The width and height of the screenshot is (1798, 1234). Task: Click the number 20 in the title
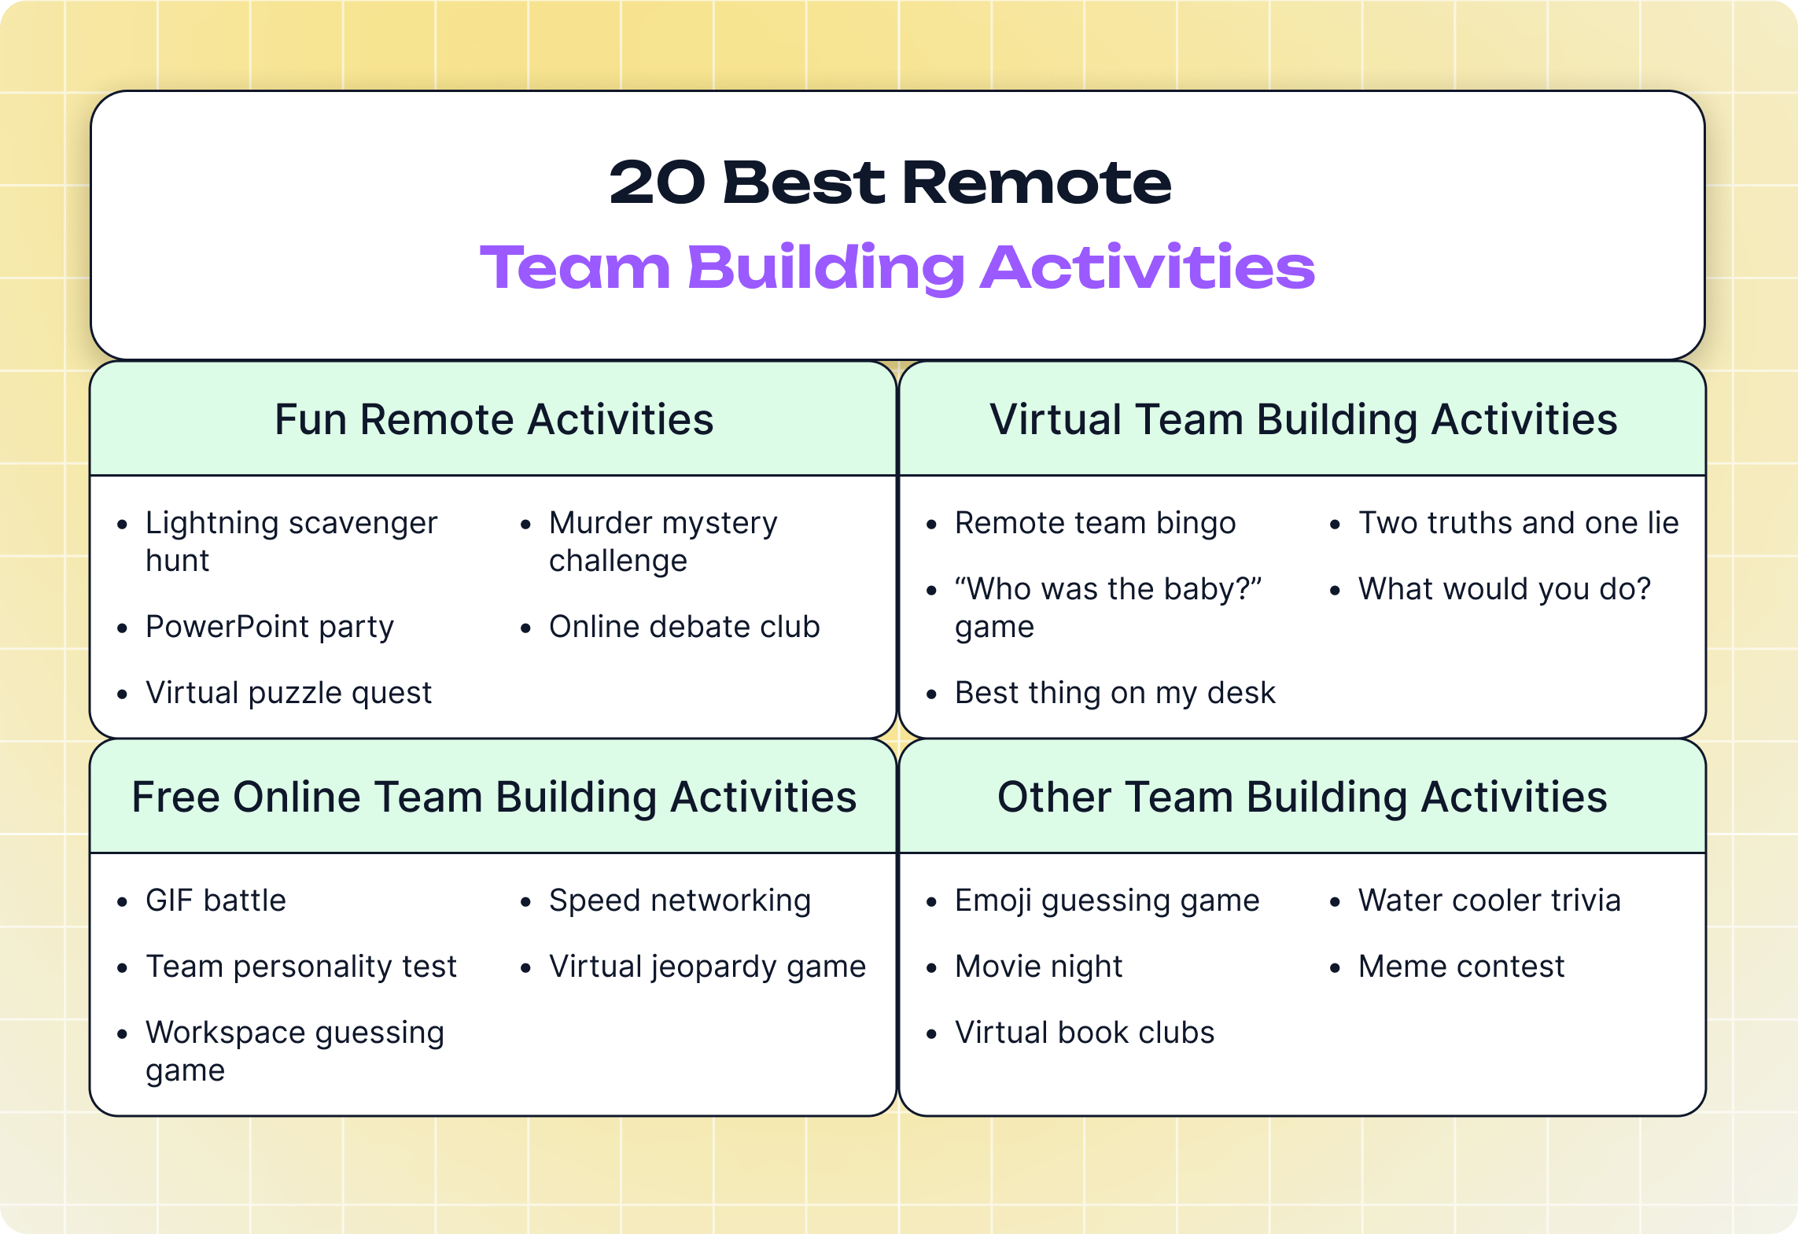pyautogui.click(x=657, y=182)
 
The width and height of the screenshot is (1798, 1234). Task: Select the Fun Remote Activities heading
pyautogui.click(x=494, y=419)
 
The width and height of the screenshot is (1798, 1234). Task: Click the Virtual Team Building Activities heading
pyautogui.click(x=1303, y=419)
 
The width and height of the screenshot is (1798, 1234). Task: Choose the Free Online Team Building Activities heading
pyautogui.click(x=494, y=797)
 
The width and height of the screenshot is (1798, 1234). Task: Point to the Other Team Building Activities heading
pyautogui.click(x=1302, y=797)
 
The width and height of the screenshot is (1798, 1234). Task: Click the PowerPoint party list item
pyautogui.click(x=270, y=627)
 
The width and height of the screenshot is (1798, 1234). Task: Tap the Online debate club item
pyautogui.click(x=684, y=627)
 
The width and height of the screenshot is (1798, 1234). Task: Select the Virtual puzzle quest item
pyautogui.click(x=289, y=693)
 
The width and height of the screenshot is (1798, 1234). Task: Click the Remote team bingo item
pyautogui.click(x=1095, y=523)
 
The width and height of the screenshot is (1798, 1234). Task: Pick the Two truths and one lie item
pyautogui.click(x=1518, y=523)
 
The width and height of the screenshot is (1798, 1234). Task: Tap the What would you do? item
pyautogui.click(x=1504, y=589)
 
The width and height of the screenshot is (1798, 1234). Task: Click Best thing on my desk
pyautogui.click(x=1115, y=693)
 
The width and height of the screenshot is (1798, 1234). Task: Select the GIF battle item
pyautogui.click(x=216, y=901)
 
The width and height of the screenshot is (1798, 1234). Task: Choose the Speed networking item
pyautogui.click(x=680, y=901)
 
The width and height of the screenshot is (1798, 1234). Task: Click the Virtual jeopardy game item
pyautogui.click(x=707, y=967)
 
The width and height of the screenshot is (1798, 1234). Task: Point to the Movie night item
pyautogui.click(x=1038, y=967)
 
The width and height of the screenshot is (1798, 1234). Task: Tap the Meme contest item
pyautogui.click(x=1461, y=967)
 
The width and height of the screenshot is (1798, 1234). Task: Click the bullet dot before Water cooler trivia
pyautogui.click(x=1335, y=903)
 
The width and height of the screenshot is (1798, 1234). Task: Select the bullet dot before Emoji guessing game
pyautogui.click(x=931, y=903)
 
